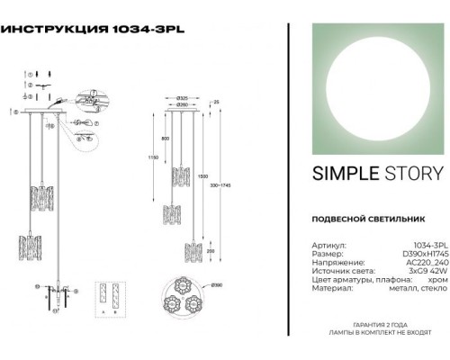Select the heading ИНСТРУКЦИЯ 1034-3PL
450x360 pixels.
95,28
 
